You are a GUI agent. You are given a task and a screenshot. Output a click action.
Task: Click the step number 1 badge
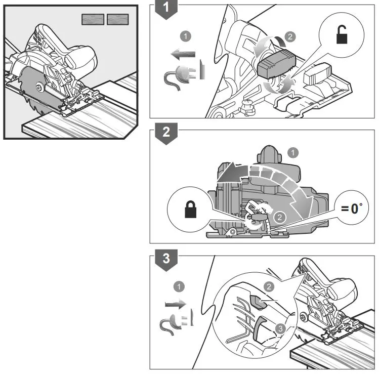(163, 9)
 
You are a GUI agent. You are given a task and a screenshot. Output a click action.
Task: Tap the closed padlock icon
(190, 208)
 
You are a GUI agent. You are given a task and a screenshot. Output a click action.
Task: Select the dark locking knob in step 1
(276, 64)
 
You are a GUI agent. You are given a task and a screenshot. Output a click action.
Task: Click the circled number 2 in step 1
(289, 36)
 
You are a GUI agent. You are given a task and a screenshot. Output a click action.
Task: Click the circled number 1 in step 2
(292, 151)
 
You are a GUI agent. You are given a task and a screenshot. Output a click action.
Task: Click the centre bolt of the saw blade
(39, 89)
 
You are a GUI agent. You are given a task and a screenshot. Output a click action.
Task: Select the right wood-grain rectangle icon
(117, 19)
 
